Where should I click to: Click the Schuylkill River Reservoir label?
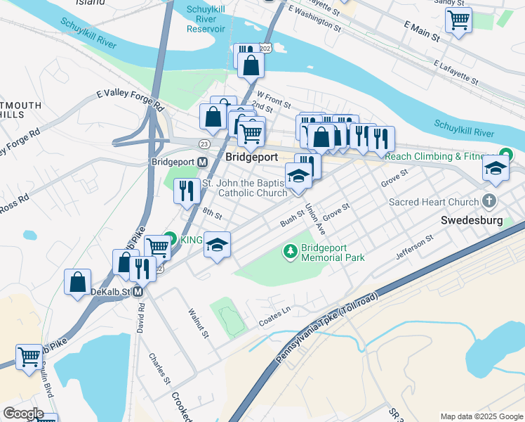(206, 19)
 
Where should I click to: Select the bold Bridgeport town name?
(252, 157)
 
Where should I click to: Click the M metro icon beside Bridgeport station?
(202, 162)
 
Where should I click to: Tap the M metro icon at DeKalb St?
(138, 291)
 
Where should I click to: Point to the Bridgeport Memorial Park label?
(333, 252)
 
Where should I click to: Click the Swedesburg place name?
(471, 220)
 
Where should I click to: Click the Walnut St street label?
(199, 323)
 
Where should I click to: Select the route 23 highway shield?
(204, 143)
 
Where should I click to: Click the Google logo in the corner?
(23, 414)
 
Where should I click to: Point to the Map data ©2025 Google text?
(481, 416)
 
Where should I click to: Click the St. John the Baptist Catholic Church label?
(244, 188)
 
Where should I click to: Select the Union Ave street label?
(315, 219)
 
